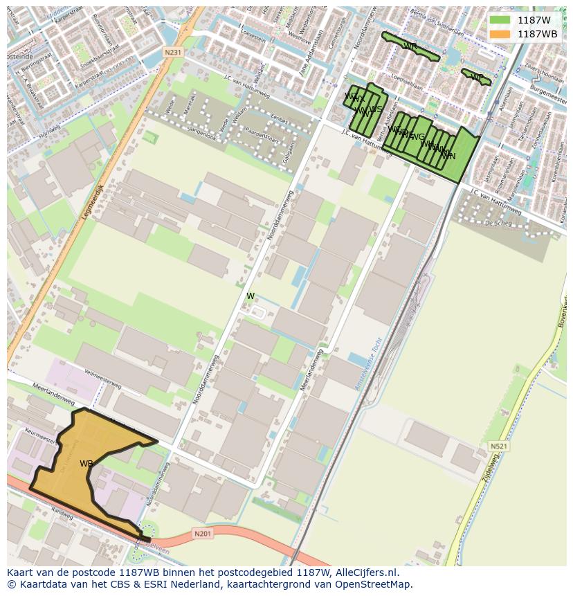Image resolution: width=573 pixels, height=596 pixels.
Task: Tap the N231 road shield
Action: point(173,53)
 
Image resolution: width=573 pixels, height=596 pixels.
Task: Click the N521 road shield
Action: point(498,446)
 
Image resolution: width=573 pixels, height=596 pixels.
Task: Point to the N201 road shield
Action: point(202,533)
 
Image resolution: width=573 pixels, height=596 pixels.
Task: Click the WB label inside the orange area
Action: point(87,464)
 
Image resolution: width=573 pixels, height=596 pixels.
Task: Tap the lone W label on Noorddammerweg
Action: point(251,296)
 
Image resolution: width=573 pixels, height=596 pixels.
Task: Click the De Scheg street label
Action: point(498,223)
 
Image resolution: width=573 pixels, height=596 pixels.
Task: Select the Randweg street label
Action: point(62,516)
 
